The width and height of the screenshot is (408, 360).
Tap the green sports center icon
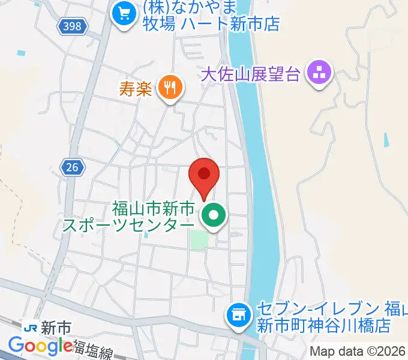pos(214,216)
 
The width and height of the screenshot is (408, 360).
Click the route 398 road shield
pos(74,26)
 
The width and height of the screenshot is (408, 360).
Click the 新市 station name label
pos(57,328)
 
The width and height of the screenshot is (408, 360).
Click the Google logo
pos(41,346)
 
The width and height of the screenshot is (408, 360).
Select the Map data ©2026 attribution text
pos(358,351)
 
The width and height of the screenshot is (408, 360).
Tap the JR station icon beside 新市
pos(31,328)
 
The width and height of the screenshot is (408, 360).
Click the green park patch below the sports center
pos(200,239)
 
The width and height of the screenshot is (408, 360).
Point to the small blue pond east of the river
pos(386,140)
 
